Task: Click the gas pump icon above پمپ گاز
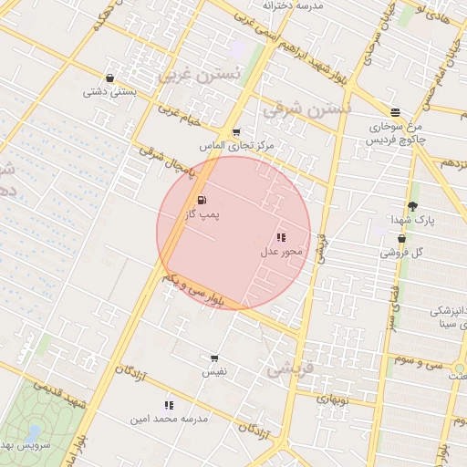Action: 201,200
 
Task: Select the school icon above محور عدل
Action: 280,236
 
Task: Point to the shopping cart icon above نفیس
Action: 214,358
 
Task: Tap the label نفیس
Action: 214,372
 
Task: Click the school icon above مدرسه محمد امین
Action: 169,404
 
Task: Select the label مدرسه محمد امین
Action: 170,418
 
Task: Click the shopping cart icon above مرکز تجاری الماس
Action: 236,132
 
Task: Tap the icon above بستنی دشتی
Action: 110,78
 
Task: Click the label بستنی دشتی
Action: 110,92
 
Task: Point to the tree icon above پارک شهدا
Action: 412,207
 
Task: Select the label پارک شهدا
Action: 413,221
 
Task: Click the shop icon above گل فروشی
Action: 401,238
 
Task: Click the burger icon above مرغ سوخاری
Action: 394,111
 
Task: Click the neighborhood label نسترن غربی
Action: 199,75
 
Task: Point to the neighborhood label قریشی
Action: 290,370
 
